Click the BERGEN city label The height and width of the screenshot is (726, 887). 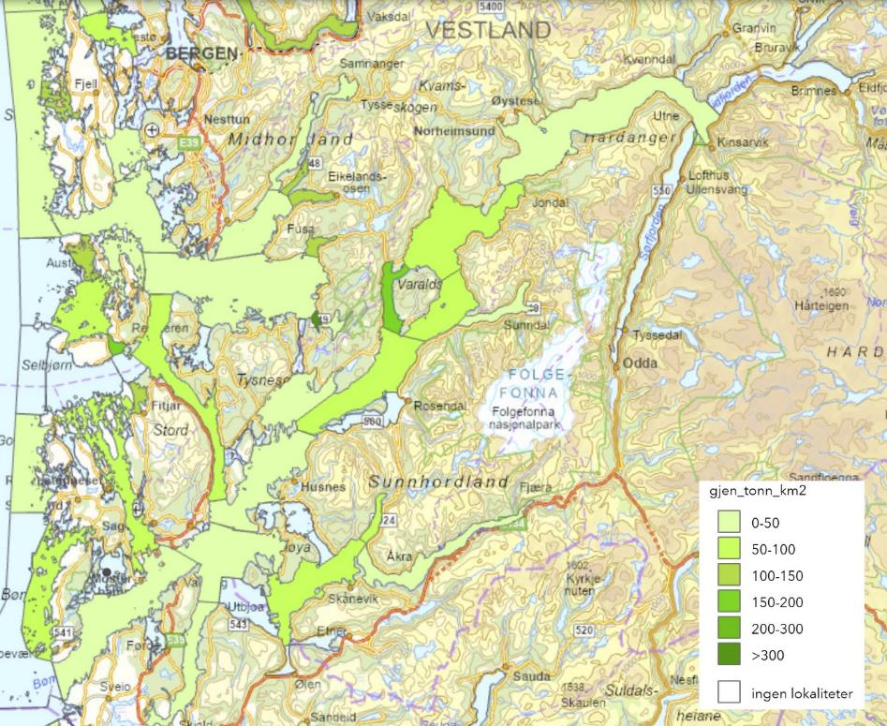pyautogui.click(x=201, y=54)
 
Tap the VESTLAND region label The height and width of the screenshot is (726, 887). pyautogui.click(x=488, y=30)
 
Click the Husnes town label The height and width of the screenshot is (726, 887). pyautogui.click(x=324, y=488)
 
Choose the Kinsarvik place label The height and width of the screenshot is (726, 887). pyautogui.click(x=743, y=143)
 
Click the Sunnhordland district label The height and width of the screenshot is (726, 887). pyautogui.click(x=439, y=482)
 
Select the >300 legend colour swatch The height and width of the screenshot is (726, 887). pyautogui.click(x=730, y=654)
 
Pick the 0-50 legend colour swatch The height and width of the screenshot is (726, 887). pyautogui.click(x=730, y=525)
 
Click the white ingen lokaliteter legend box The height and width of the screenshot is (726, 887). pyautogui.click(x=730, y=692)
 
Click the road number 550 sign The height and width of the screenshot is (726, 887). pyautogui.click(x=663, y=190)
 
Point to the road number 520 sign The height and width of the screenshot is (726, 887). pyautogui.click(x=585, y=629)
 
